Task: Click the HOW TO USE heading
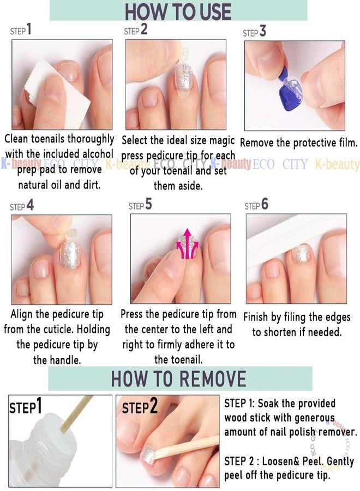(178, 12)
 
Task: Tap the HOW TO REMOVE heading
(179, 378)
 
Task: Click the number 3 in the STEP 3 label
(263, 31)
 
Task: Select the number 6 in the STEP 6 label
(265, 204)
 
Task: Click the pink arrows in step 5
(187, 244)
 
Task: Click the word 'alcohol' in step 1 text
(98, 154)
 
